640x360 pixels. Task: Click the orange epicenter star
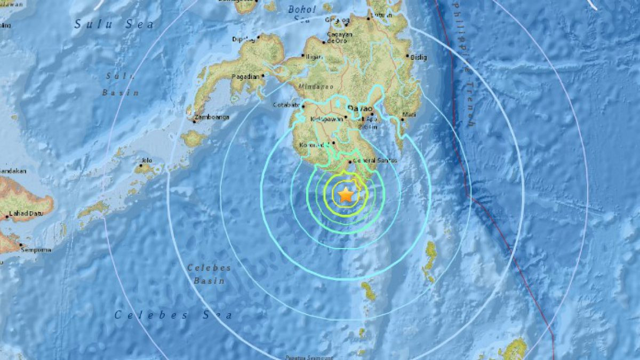(x=346, y=195)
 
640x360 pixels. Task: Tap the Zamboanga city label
(x=212, y=117)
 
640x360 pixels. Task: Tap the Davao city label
(x=359, y=109)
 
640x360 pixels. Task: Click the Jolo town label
(x=147, y=160)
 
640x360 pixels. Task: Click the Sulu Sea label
(x=114, y=24)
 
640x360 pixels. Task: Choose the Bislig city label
(x=419, y=56)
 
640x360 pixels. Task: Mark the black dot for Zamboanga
(x=195, y=121)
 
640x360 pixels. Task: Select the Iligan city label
(x=314, y=55)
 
